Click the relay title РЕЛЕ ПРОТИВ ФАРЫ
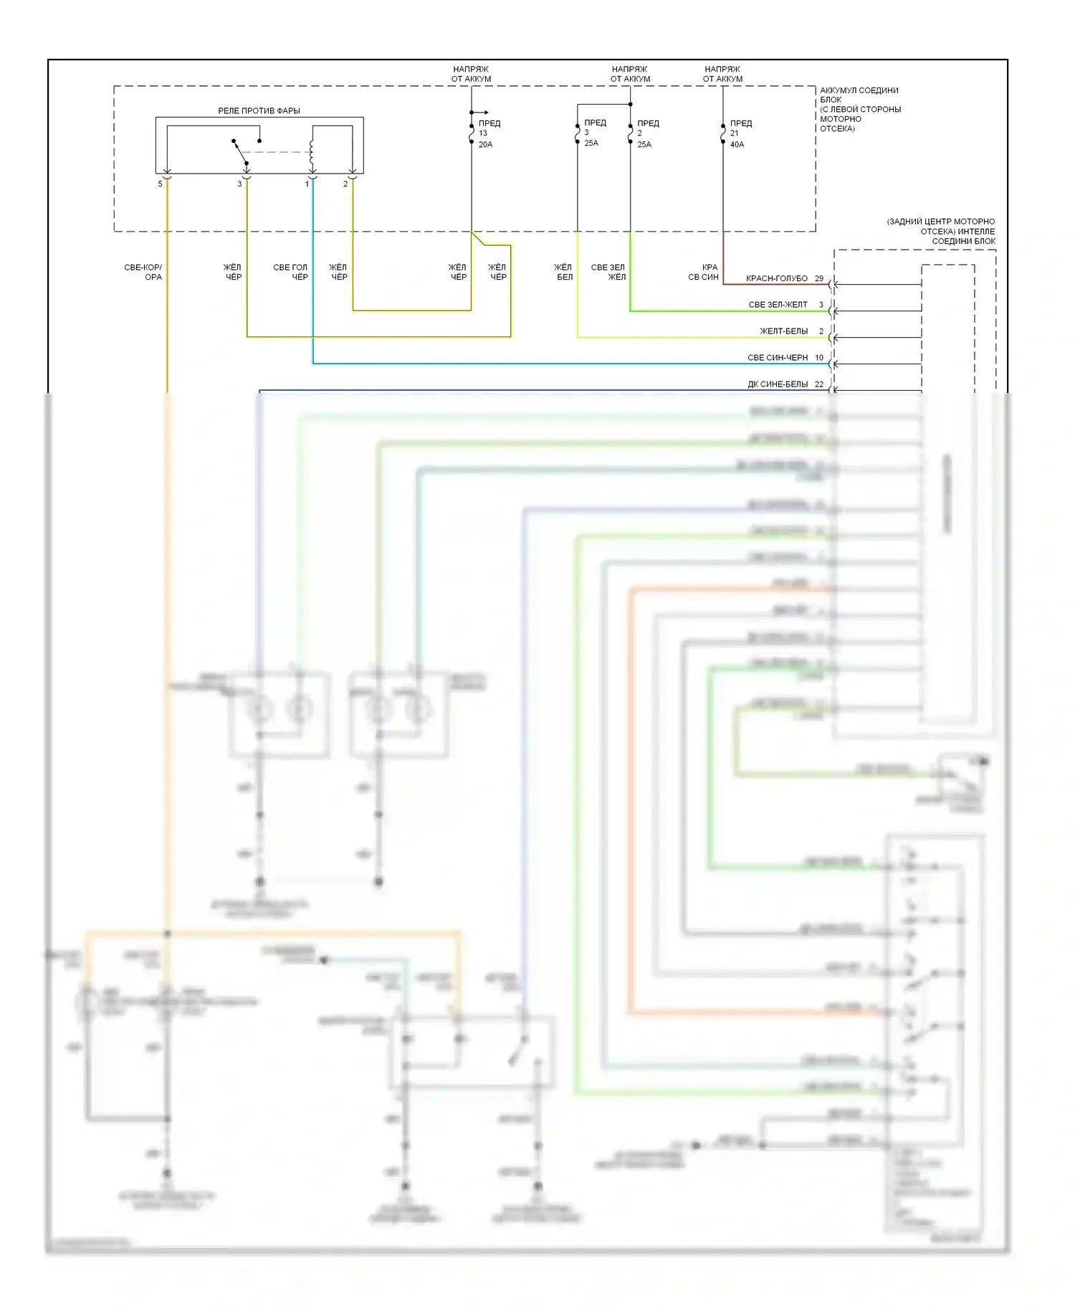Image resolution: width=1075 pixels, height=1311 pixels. point(259,110)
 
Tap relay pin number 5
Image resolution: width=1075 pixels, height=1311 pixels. point(161,184)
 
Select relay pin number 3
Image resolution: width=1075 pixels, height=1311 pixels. point(240,184)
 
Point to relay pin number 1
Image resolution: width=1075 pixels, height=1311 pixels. point(307,184)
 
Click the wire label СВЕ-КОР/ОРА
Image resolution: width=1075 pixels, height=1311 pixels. point(143,272)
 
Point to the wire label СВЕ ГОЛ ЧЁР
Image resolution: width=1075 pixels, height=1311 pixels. point(290,272)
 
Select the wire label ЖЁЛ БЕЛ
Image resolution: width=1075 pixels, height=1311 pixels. point(563,272)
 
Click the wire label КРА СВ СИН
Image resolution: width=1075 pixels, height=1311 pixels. point(704,272)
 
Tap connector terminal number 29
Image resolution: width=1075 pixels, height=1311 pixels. point(818,278)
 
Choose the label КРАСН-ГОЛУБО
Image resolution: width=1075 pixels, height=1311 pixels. point(777,278)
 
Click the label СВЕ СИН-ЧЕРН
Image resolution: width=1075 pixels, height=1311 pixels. point(778,357)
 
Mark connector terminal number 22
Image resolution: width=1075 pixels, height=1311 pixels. point(818,384)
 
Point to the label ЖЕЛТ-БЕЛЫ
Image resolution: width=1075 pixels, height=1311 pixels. point(784,331)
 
